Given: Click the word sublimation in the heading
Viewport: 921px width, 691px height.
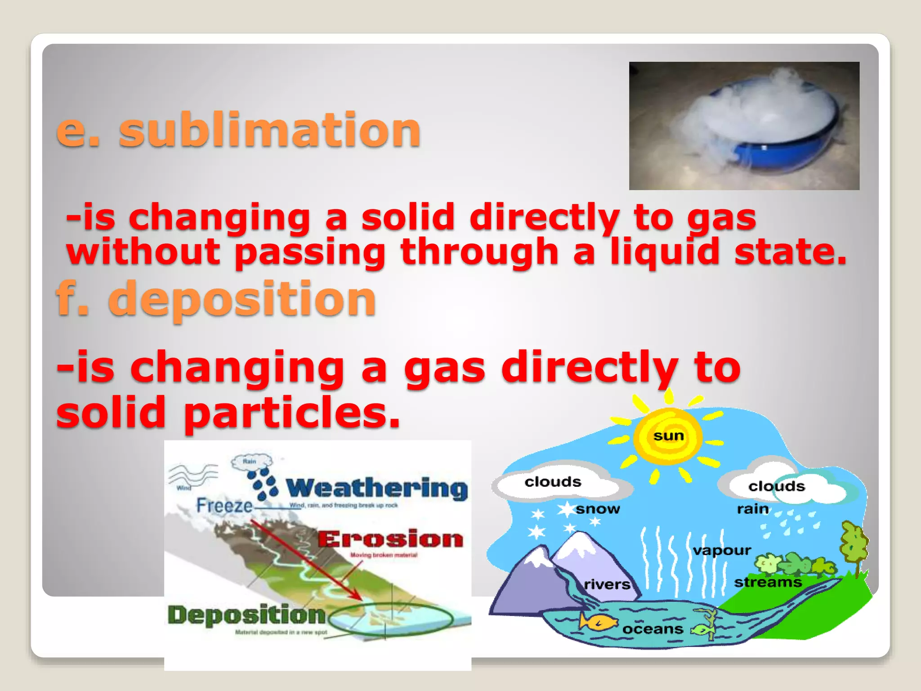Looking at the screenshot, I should coord(270,130).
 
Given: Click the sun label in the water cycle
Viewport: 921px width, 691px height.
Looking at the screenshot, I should coord(669,435).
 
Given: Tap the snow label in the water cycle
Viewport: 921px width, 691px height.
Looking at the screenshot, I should coord(598,509).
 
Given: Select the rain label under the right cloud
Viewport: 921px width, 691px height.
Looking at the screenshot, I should coord(752,509).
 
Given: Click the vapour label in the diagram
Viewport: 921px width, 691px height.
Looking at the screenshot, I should coord(722,550).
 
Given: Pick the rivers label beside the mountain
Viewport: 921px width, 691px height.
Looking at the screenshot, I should coord(607,584).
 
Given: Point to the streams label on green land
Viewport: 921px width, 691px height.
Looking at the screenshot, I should coord(768,582).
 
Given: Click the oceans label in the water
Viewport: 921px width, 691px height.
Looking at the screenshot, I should coord(653,628).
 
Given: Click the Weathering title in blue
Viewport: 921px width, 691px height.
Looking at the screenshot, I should coord(377,488).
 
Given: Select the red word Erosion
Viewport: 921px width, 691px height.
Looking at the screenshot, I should coord(390,539).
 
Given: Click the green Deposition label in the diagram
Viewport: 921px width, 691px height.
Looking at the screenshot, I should coord(246,615).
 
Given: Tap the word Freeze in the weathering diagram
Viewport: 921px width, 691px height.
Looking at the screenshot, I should coord(224,506).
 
